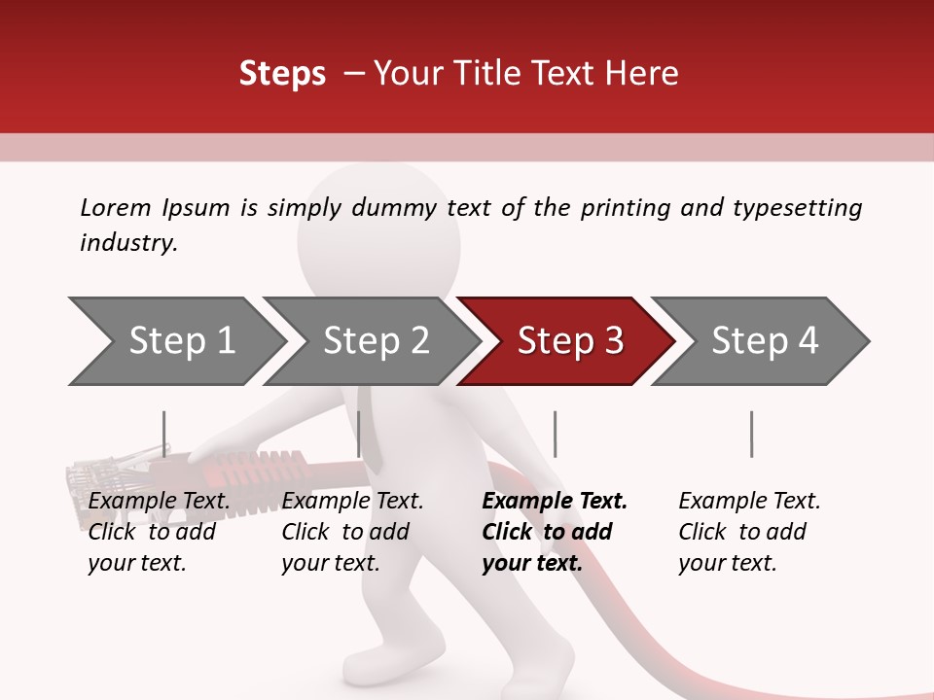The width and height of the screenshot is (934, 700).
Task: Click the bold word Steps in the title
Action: click(282, 74)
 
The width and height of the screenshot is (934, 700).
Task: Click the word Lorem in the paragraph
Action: click(115, 207)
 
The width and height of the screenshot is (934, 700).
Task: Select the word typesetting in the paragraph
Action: click(797, 208)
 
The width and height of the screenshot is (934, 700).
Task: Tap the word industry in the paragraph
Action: click(127, 243)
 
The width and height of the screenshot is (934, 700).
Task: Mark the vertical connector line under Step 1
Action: click(164, 434)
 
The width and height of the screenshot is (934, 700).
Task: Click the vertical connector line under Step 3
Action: click(555, 434)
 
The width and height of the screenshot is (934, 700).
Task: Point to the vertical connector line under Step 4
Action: click(751, 434)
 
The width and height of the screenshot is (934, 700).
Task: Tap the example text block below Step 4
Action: click(749, 532)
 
